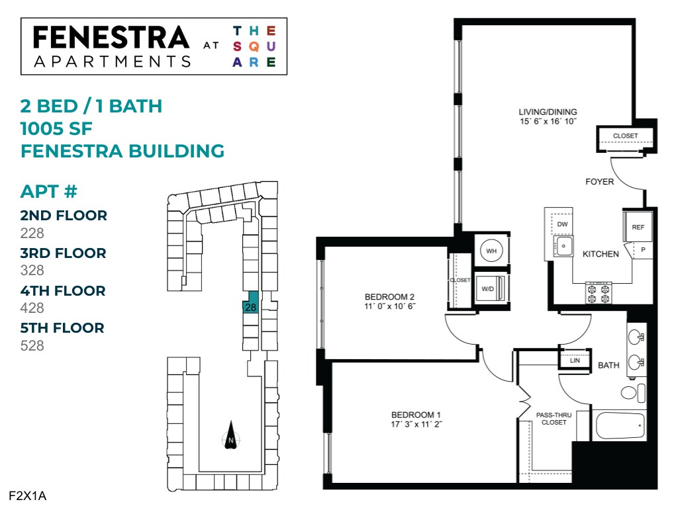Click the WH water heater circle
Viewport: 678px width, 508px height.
[x=491, y=251]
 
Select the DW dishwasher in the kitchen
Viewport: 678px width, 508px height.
[x=562, y=224]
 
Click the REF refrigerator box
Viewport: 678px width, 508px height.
[x=638, y=227]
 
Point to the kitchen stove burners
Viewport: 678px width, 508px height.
[x=598, y=292]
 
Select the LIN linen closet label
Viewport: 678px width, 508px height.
[x=575, y=360]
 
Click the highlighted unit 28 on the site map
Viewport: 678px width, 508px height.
[x=250, y=307]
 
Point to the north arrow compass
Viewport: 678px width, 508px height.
[x=230, y=436]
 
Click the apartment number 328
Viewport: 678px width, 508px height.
[x=32, y=270]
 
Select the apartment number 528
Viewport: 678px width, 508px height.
[x=32, y=345]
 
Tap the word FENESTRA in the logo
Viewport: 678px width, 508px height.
[x=111, y=38]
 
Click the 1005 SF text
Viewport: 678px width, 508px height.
[x=61, y=128]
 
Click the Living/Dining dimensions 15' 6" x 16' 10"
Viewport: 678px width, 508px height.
[x=548, y=122]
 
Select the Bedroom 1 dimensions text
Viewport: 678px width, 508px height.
[x=416, y=425]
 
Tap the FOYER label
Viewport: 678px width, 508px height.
[x=599, y=181]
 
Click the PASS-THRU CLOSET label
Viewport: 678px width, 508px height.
[x=554, y=418]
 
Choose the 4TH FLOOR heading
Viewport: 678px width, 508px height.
[x=63, y=290]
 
